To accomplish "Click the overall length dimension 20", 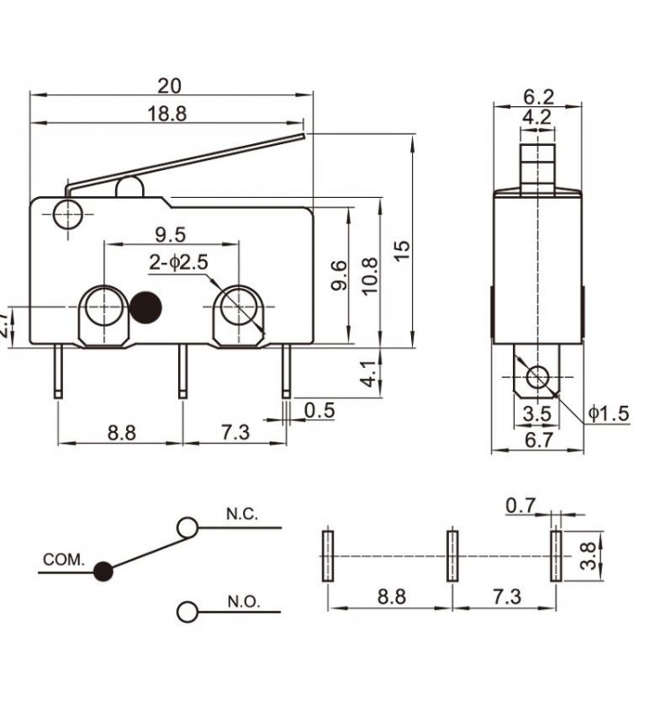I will pos(169,85).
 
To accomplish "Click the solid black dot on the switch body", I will pos(146,307).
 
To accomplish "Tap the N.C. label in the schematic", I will pos(242,515).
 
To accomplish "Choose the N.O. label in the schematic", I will pos(242,602).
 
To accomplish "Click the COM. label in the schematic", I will pos(63,560).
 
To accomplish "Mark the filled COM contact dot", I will pos(104,570).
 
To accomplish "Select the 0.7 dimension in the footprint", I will pos(520,507).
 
